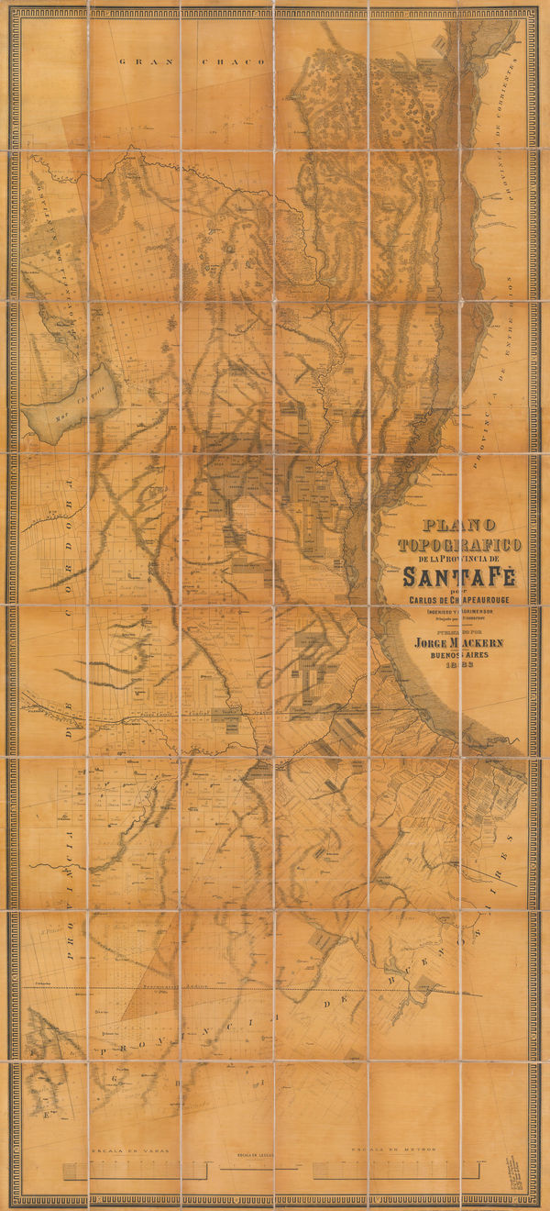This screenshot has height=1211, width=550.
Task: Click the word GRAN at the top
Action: pyautogui.click(x=137, y=61)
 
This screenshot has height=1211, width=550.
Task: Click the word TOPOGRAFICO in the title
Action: pyautogui.click(x=459, y=545)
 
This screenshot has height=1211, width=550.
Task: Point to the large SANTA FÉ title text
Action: pyautogui.click(x=459, y=577)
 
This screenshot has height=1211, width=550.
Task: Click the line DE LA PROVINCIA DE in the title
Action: pyautogui.click(x=459, y=560)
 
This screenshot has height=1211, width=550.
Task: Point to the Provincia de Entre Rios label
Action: pyautogui.click(x=498, y=349)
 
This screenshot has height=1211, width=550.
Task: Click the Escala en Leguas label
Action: pyautogui.click(x=260, y=1153)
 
